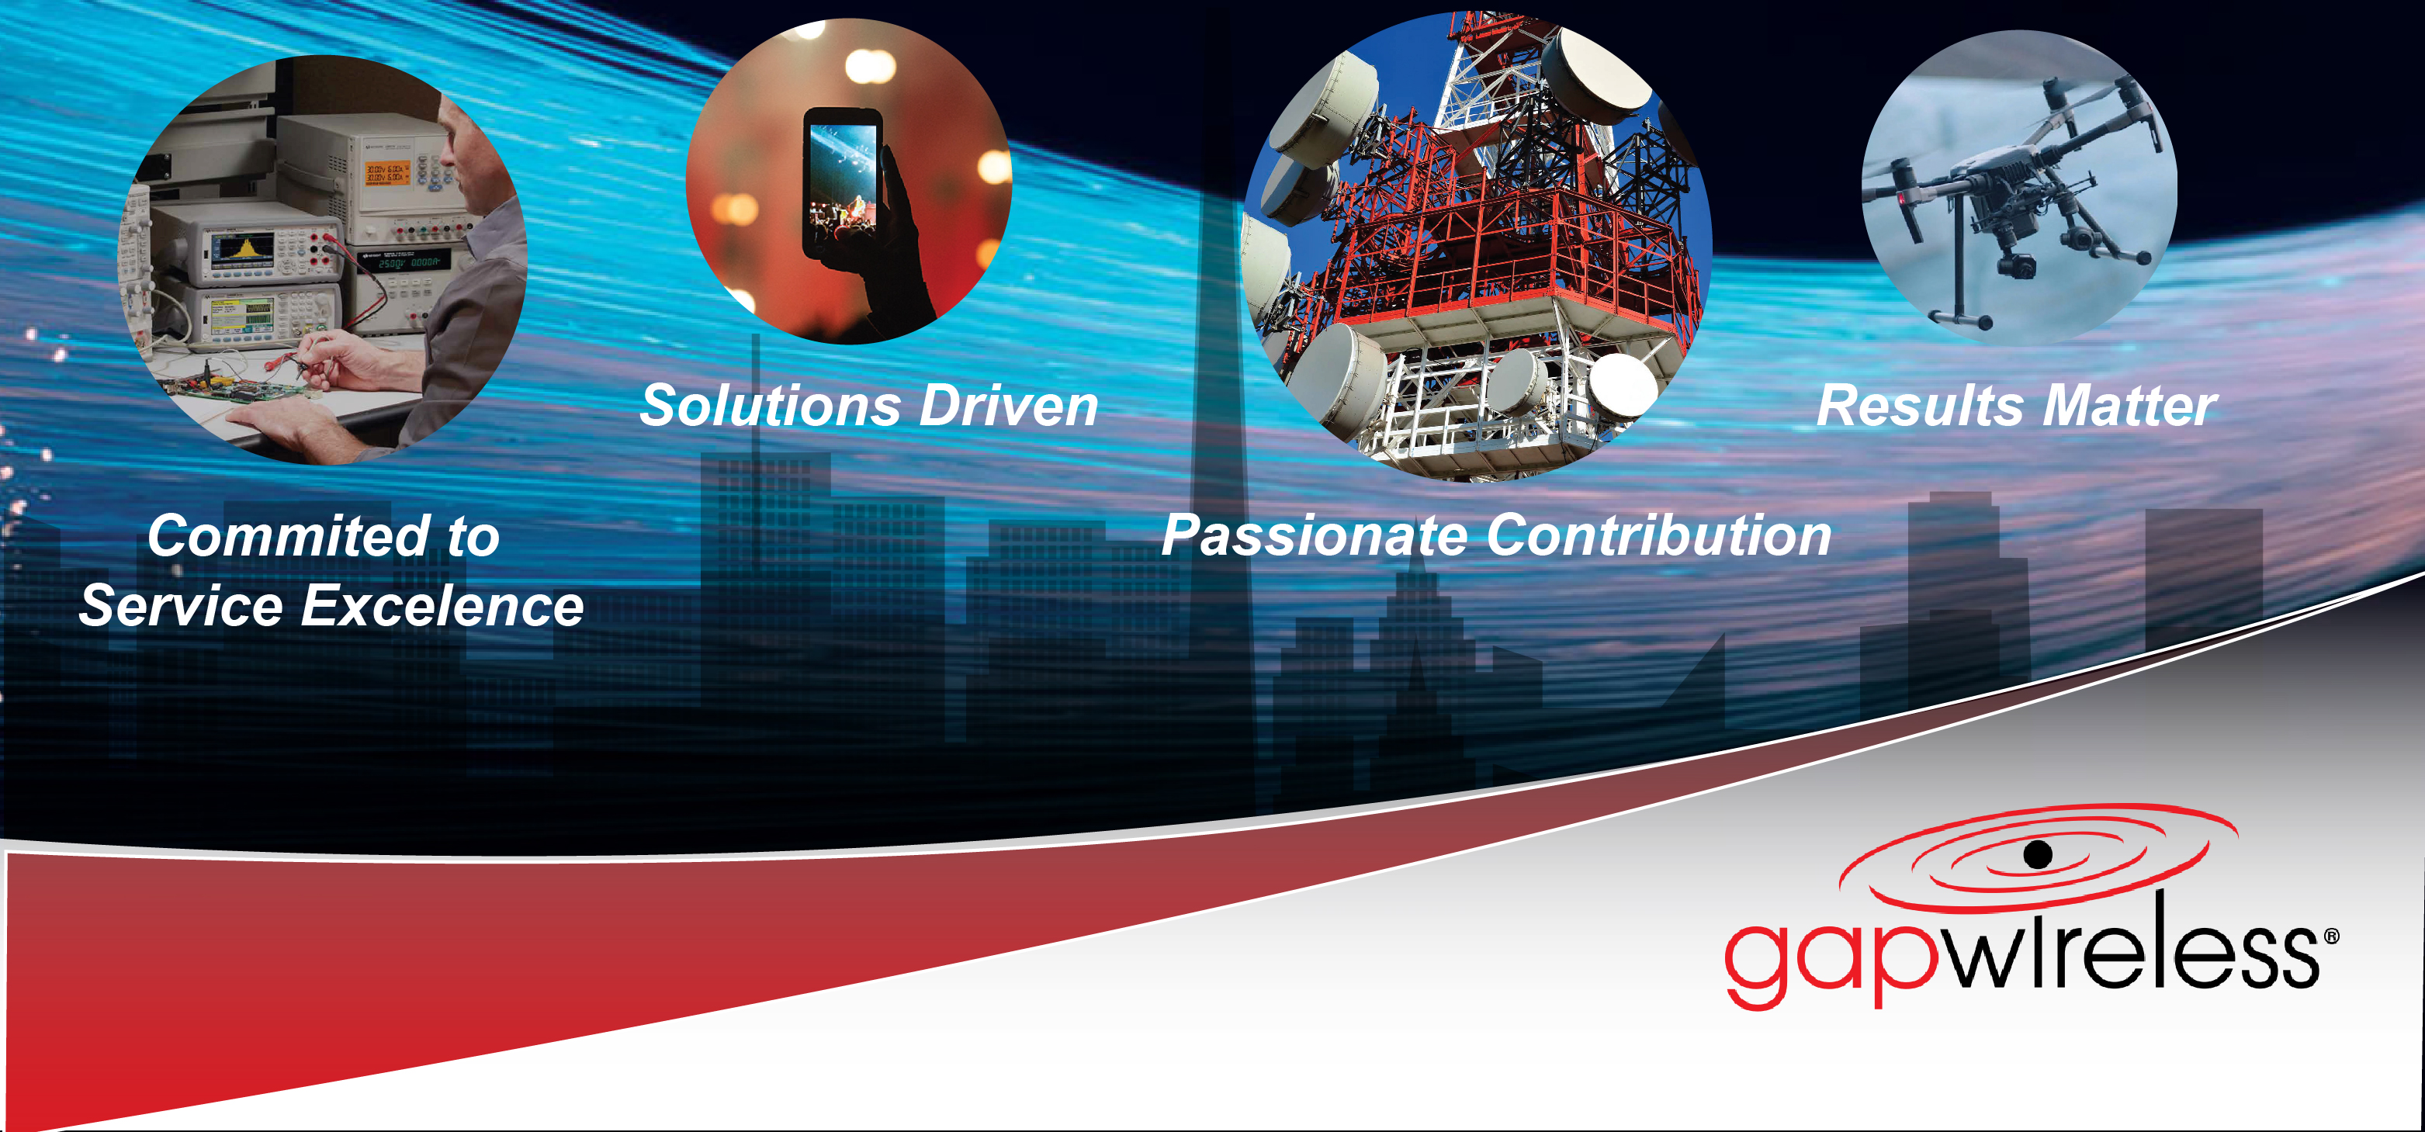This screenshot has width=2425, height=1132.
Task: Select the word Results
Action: [x=1921, y=406]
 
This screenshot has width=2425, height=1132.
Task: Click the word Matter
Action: [x=2130, y=406]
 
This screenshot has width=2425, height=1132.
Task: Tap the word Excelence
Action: [x=442, y=605]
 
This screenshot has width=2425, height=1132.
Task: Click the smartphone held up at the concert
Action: [x=842, y=183]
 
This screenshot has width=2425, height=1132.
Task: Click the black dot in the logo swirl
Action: [x=2038, y=854]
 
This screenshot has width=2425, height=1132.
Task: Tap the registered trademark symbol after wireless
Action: [x=2331, y=937]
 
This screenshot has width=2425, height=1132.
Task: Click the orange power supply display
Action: [x=387, y=172]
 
